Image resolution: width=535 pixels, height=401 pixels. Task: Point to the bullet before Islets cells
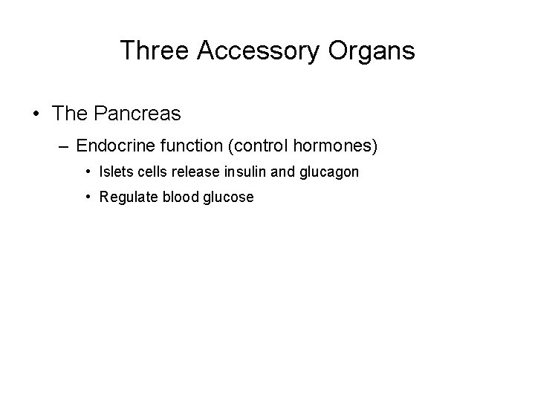point(88,172)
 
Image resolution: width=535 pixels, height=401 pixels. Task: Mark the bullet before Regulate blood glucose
point(88,198)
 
